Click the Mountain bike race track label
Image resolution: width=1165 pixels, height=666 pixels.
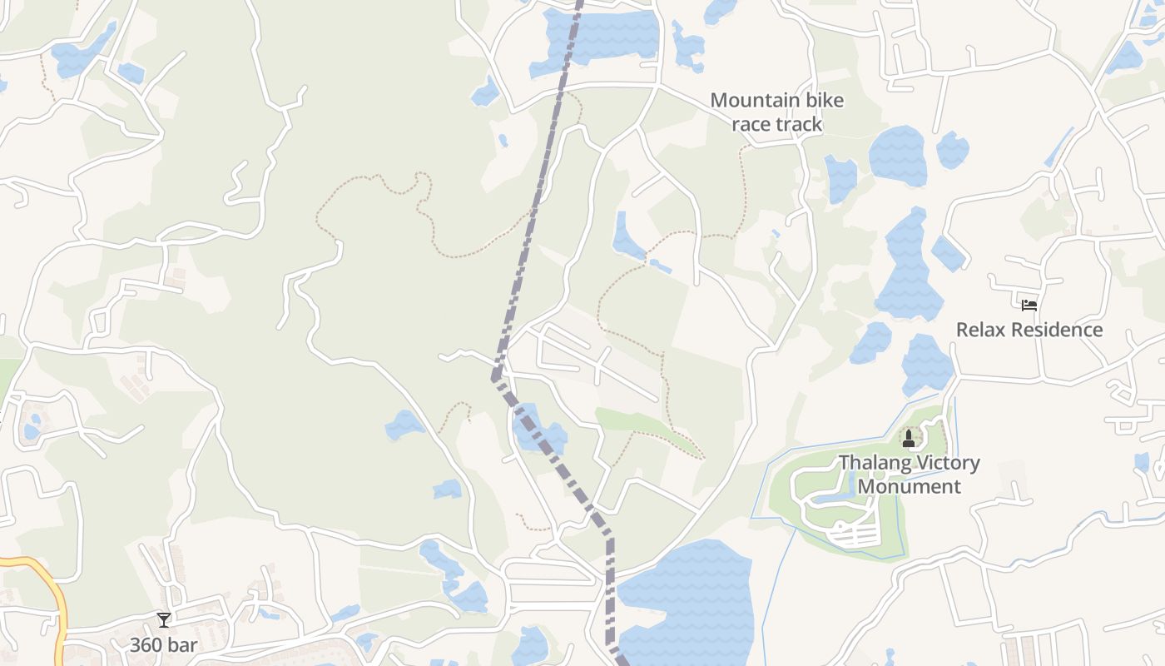coord(776,112)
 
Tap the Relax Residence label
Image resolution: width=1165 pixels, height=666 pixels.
coord(1029,330)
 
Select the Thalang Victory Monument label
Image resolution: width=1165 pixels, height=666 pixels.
coord(909,475)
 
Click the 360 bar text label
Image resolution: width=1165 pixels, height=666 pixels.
coord(163,644)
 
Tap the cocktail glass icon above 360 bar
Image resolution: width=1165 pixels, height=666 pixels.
coord(163,619)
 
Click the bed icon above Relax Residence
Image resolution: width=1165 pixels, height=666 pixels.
coord(1029,305)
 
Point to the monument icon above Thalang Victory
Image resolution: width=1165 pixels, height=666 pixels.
coord(909,438)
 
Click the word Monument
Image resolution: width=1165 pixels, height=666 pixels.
coord(909,486)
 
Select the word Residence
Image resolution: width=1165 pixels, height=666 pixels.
coord(1054,330)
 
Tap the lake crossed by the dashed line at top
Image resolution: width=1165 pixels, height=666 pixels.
coord(607,35)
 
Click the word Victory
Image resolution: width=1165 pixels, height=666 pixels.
coord(945,463)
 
